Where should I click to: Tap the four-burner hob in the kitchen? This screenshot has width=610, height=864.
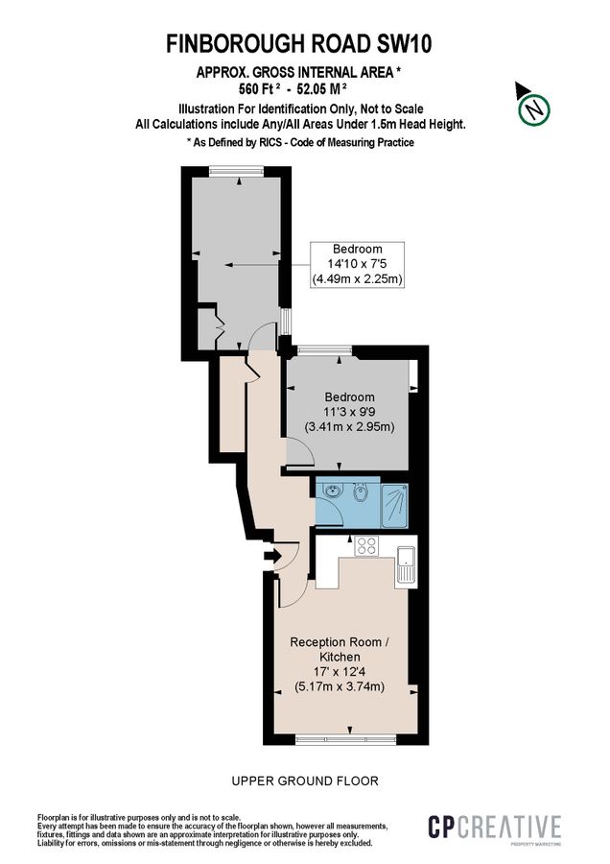[x=365, y=546]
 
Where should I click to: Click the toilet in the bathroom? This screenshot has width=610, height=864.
[x=358, y=494]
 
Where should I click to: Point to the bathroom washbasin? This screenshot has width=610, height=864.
[x=332, y=492]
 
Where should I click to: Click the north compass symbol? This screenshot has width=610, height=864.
[x=533, y=108]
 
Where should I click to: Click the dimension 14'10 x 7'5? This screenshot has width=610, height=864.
[x=357, y=263]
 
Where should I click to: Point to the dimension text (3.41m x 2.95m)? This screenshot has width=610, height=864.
[x=349, y=426]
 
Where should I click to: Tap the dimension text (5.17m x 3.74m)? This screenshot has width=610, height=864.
[x=339, y=686]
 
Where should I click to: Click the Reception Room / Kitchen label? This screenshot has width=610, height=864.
[x=339, y=648]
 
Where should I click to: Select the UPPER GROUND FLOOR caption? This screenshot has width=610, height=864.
[x=305, y=780]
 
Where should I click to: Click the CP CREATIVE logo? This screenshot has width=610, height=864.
[x=493, y=828]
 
